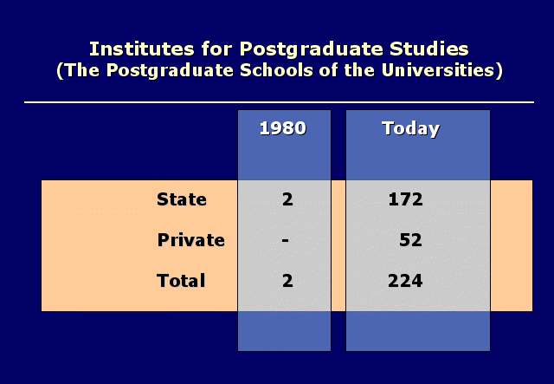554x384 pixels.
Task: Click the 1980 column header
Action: (x=283, y=128)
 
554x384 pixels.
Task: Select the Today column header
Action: (x=411, y=129)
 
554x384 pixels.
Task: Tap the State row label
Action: (x=182, y=199)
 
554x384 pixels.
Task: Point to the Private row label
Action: (x=190, y=240)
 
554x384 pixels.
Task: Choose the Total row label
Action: (x=181, y=281)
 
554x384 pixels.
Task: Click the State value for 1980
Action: (x=287, y=199)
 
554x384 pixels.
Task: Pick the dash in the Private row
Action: (x=286, y=241)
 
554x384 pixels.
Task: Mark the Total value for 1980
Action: (x=287, y=281)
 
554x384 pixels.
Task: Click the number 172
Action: (x=406, y=199)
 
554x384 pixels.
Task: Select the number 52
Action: (x=410, y=240)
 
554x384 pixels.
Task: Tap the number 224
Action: (x=405, y=281)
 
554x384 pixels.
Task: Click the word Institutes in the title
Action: (x=142, y=49)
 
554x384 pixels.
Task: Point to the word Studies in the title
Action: (x=429, y=49)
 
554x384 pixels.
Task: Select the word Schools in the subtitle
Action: (x=276, y=70)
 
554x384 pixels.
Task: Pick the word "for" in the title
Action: (x=216, y=49)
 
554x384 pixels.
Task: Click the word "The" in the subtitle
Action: (x=82, y=70)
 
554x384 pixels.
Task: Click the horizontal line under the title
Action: (x=279, y=102)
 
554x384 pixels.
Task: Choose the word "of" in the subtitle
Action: (x=328, y=70)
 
